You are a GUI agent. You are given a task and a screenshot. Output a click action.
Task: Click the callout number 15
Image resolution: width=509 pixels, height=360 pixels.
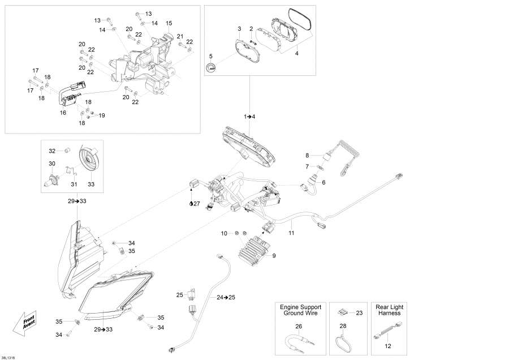click(169, 23)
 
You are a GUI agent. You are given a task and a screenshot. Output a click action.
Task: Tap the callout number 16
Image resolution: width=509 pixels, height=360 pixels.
click(63, 113)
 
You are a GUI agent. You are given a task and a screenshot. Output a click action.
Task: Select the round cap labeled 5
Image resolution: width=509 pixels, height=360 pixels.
click(212, 68)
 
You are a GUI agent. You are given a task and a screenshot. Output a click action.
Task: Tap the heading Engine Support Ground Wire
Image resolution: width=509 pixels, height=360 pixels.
click(299, 310)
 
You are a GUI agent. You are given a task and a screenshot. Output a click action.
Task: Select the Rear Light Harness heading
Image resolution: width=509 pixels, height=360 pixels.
click(389, 310)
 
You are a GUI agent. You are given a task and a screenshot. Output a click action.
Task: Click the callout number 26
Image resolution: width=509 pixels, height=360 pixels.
click(299, 325)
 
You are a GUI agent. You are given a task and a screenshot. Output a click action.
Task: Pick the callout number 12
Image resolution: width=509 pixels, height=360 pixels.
click(389, 346)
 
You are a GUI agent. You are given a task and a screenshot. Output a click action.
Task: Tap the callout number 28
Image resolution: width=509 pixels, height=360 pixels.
click(343, 325)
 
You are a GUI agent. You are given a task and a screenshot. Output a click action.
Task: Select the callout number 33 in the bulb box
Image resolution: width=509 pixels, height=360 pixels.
click(91, 183)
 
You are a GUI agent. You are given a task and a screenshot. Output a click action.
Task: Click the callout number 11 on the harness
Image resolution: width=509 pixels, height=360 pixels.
click(292, 233)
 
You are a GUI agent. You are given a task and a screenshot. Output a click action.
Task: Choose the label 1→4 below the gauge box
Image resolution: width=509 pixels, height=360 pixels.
click(249, 116)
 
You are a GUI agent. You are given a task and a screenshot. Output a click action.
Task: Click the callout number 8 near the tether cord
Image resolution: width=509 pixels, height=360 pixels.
click(308, 155)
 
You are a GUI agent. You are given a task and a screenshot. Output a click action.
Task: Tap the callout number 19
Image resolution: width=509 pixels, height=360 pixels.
click(102, 115)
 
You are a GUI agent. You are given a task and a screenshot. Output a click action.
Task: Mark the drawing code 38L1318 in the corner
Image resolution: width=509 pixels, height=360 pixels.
click(8, 357)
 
